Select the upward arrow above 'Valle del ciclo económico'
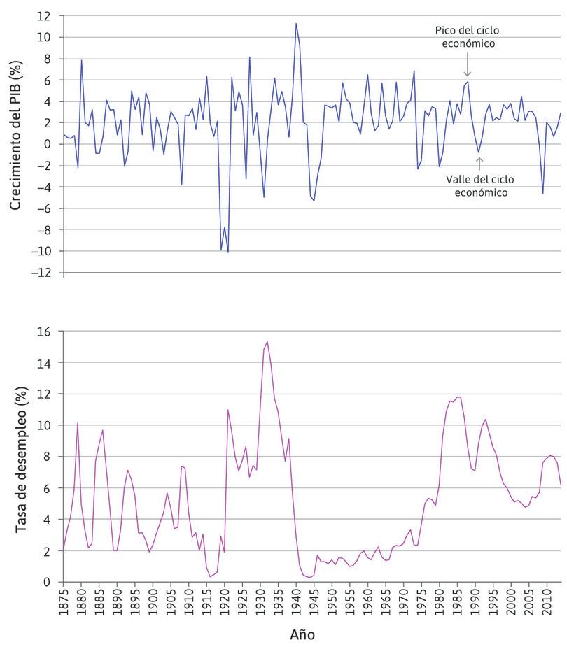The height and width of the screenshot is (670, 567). click(479, 163)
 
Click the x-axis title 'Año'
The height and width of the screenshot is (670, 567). click(302, 634)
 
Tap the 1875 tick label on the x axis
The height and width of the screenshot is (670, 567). click(64, 604)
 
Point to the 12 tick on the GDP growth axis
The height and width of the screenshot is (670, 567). click(45, 15)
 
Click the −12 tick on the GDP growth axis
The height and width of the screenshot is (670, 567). click(43, 272)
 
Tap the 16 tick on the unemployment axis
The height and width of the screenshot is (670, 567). click(45, 332)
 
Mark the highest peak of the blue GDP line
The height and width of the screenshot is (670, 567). click(295, 23)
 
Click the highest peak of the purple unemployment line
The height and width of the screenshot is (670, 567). click(267, 341)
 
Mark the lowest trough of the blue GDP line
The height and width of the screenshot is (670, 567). click(228, 252)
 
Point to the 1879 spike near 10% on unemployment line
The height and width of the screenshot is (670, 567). click(78, 423)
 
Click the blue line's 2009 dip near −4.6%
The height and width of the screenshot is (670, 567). click(542, 194)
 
